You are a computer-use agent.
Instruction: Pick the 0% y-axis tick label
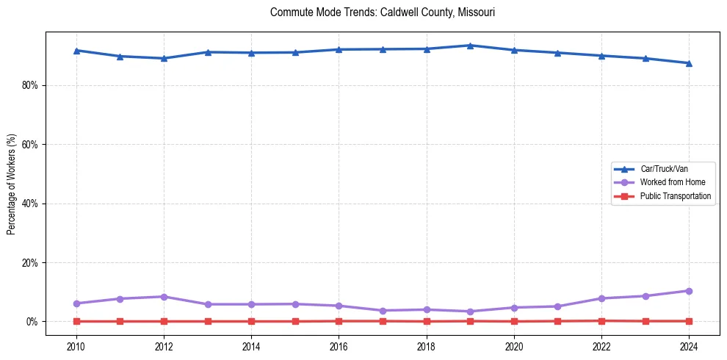pyautogui.click(x=31, y=322)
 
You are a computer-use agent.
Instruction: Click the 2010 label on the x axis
pyautogui.click(x=76, y=345)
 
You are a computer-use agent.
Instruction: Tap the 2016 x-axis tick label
pyautogui.click(x=339, y=345)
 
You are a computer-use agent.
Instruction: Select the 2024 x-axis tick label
pyautogui.click(x=689, y=345)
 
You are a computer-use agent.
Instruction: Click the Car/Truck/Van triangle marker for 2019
pyautogui.click(x=470, y=46)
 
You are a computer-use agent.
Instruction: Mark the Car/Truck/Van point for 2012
pyautogui.click(x=164, y=58)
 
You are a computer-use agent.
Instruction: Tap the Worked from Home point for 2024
pyautogui.click(x=689, y=291)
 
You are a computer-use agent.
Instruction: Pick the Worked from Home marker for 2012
pyautogui.click(x=164, y=297)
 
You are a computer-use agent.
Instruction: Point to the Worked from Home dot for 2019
pyautogui.click(x=470, y=312)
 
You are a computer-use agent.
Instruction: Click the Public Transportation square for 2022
pyautogui.click(x=601, y=320)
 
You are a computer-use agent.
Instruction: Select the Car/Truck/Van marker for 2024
pyautogui.click(x=689, y=63)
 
